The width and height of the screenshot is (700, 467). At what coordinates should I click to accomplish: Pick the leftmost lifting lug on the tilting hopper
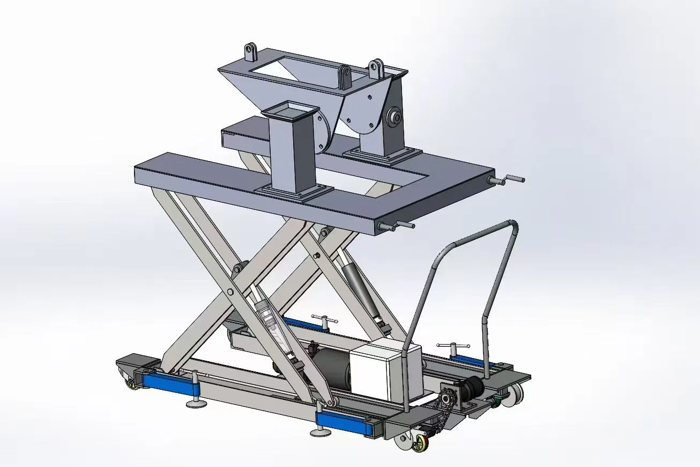251,53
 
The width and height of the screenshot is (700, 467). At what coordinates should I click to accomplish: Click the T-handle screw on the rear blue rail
324,319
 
